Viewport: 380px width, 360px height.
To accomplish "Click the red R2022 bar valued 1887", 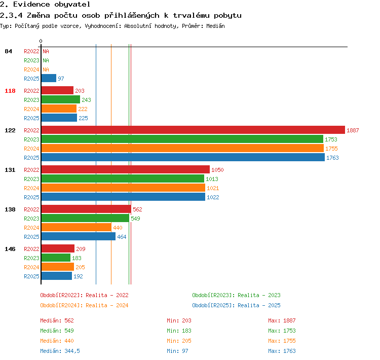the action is (193, 130).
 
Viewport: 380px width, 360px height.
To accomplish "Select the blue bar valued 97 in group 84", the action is (49, 78).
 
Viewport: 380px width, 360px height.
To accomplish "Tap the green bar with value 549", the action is (85, 218).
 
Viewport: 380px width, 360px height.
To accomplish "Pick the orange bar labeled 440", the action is (77, 227).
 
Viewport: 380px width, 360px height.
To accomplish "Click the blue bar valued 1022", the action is (123, 197).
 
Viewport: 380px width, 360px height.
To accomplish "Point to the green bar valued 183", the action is (56, 258).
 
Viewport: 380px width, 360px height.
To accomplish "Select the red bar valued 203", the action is (57, 90).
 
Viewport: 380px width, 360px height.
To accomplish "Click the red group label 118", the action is (10, 91).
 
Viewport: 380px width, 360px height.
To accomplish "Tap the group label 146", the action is (10, 249).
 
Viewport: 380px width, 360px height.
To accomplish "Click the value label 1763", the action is (332, 158).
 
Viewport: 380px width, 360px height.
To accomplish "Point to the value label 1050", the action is (217, 170).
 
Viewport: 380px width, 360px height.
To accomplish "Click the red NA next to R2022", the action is (46, 51).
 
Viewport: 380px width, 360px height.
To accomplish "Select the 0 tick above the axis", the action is (41, 41).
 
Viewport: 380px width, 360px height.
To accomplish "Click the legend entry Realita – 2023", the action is (259, 295).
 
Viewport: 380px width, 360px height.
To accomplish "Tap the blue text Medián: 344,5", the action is (60, 351).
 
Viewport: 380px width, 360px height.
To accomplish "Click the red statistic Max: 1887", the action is (282, 320).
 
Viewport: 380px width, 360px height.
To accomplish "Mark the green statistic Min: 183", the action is (179, 331).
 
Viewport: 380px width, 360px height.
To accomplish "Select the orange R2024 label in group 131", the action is (31, 188).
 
